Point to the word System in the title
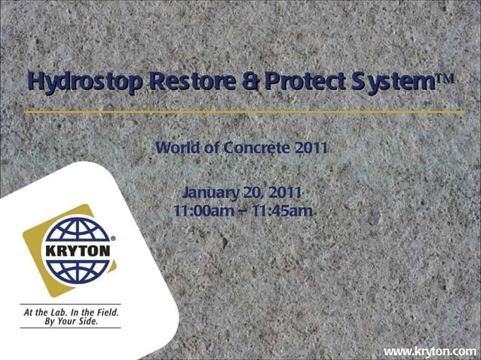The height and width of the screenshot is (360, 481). [x=395, y=81]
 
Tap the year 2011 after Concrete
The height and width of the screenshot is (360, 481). [x=311, y=148]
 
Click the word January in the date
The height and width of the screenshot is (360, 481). [x=209, y=192]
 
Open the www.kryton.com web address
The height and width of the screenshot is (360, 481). [x=430, y=351]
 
